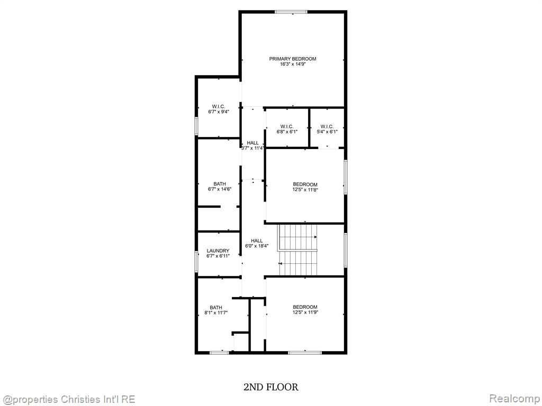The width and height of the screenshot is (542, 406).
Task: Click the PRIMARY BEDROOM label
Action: [x=292, y=59]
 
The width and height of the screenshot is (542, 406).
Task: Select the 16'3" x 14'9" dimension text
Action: [x=293, y=64]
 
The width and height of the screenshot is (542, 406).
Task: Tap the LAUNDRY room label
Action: [x=218, y=251]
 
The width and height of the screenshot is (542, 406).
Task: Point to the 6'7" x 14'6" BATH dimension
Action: [x=220, y=189]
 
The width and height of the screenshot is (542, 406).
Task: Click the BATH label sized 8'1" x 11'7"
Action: [x=216, y=308]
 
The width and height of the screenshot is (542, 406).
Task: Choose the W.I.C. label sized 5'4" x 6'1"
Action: [x=327, y=126]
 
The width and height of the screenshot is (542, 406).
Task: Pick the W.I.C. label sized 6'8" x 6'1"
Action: [x=287, y=126]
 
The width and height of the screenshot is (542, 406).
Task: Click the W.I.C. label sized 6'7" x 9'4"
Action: [x=219, y=107]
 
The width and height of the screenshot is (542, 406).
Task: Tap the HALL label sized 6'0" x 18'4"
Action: [x=257, y=241]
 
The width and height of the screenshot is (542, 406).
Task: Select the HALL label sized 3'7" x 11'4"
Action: [x=252, y=143]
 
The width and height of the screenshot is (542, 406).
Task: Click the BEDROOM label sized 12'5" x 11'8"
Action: [x=305, y=184]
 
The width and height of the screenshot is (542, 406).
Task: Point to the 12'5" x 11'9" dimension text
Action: [x=305, y=312]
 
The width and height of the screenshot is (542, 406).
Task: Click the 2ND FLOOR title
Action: [x=271, y=387]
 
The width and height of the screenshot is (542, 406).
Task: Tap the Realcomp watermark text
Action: [x=513, y=399]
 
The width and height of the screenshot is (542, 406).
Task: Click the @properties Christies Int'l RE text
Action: [x=68, y=400]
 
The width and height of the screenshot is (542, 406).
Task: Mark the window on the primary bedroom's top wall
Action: [x=291, y=12]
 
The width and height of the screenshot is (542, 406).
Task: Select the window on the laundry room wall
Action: [x=196, y=261]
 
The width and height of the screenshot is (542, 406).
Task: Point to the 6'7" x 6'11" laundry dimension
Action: [x=218, y=256]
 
